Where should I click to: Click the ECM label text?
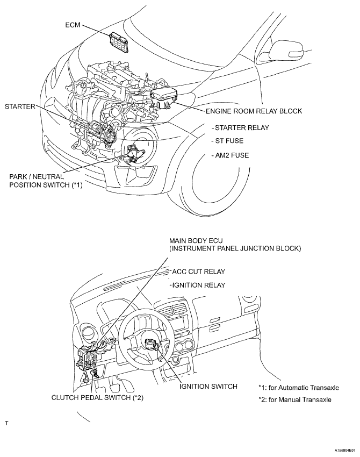point(73,25)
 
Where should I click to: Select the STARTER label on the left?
point(20,106)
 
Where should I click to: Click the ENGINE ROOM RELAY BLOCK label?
point(254,111)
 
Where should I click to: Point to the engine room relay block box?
point(164,98)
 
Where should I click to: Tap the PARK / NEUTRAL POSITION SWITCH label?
point(46,181)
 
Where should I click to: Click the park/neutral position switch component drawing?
point(133,153)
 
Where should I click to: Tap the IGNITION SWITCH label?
point(208,387)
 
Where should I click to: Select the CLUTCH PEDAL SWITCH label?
point(97,397)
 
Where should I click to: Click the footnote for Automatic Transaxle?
point(299,388)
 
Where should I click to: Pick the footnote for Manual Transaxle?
point(295,399)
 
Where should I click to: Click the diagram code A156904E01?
point(345,451)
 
